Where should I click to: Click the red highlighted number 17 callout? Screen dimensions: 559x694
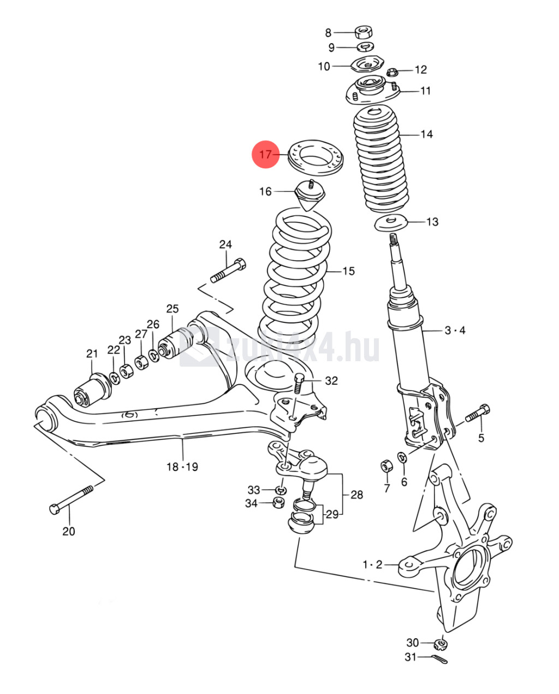(265, 154)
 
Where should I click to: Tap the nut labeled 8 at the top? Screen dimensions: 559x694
(364, 32)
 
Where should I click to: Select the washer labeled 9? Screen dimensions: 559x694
(365, 47)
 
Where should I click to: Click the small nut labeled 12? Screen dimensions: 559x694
(391, 72)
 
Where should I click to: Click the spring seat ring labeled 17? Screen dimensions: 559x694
(316, 158)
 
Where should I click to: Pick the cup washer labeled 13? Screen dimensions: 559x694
(391, 223)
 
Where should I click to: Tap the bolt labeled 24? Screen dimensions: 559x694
(228, 271)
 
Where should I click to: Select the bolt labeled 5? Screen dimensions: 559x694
(478, 413)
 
